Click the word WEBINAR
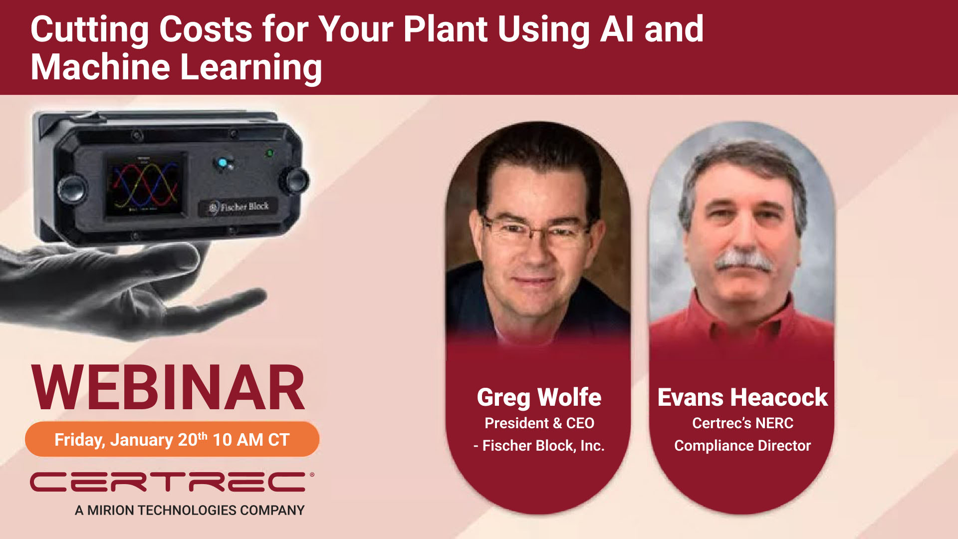pyautogui.click(x=168, y=388)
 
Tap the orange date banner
pyautogui.click(x=172, y=439)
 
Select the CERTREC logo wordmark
pyautogui.click(x=170, y=482)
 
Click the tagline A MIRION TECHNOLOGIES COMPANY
pyautogui.click(x=190, y=510)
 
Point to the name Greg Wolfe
pyautogui.click(x=539, y=398)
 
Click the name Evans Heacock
pyautogui.click(x=742, y=398)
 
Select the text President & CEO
pyautogui.click(x=539, y=423)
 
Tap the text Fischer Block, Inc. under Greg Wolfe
pyautogui.click(x=543, y=446)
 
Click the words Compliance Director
pyautogui.click(x=742, y=446)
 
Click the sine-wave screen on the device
pyautogui.click(x=145, y=185)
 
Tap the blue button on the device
pyautogui.click(x=222, y=163)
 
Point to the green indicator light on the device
pyautogui.click(x=269, y=153)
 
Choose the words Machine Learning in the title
pyautogui.click(x=176, y=67)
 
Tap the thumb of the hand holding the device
pyautogui.click(x=170, y=260)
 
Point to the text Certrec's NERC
pyautogui.click(x=742, y=423)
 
